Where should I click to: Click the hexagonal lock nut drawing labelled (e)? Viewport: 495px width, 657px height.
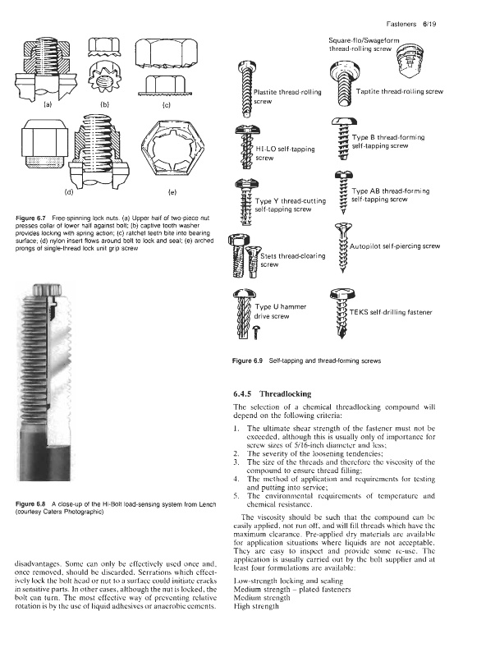click(169, 147)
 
